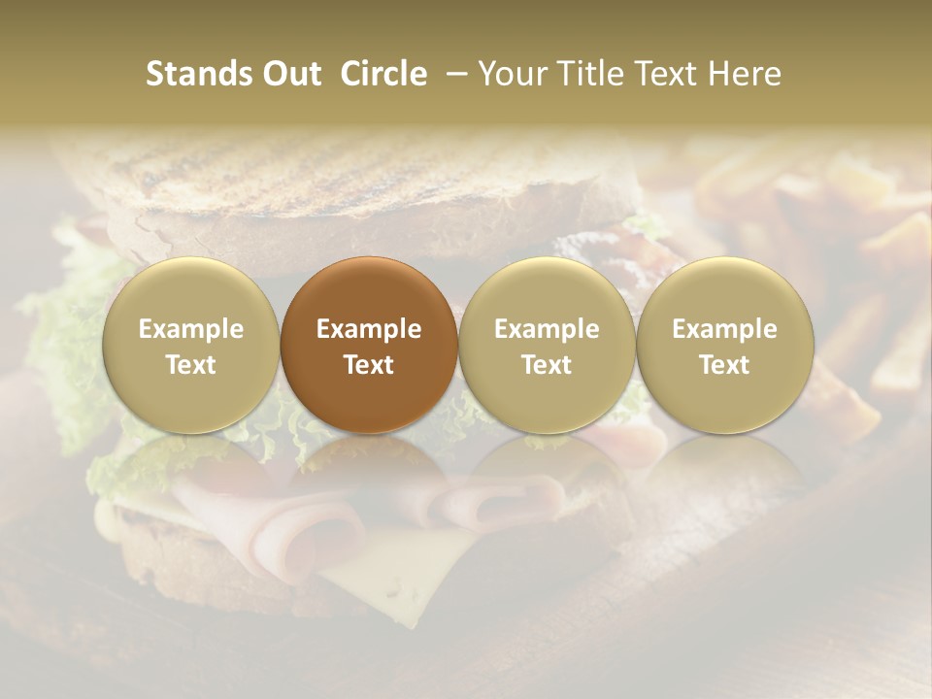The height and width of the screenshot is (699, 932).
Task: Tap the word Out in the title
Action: (x=292, y=74)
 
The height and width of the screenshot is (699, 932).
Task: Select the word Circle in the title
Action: (x=383, y=74)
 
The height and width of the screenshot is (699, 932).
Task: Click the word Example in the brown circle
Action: (x=369, y=329)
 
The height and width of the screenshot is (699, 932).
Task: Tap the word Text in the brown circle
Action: (x=369, y=365)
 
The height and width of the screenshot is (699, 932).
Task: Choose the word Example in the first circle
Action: (x=191, y=329)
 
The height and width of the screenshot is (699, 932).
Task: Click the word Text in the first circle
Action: (x=191, y=365)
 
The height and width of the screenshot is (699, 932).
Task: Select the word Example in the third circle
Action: (x=547, y=329)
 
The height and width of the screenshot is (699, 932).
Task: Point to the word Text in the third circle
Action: (x=547, y=365)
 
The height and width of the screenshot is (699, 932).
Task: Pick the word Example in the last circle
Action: (x=724, y=329)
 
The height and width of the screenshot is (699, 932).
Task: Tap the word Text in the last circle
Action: (x=724, y=365)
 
